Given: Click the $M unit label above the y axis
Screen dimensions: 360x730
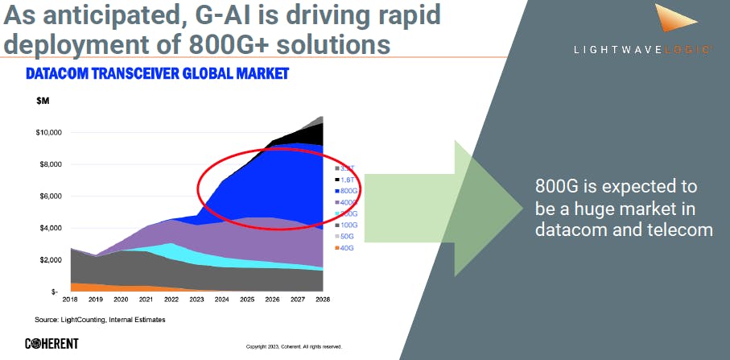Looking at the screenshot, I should click(x=43, y=101).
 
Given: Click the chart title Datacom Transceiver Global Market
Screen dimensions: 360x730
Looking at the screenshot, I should click(x=157, y=74).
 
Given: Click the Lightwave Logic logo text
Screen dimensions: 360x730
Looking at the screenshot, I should click(x=641, y=49).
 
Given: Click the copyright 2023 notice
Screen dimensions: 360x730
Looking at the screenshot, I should click(x=294, y=347).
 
